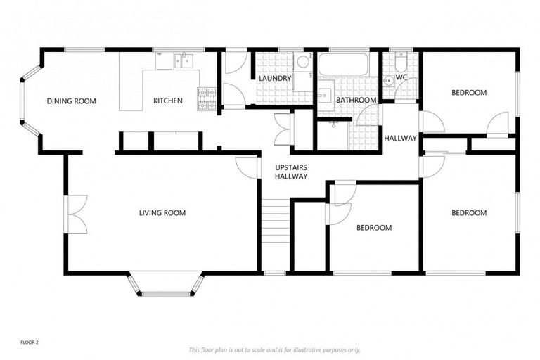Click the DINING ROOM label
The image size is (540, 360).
pos(71,101)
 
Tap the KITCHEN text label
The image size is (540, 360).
pos(168,101)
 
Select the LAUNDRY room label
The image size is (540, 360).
pos(274,78)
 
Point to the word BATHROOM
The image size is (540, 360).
pos(356,101)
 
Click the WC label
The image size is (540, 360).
pos(401,77)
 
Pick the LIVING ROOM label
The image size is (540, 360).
pos(162,213)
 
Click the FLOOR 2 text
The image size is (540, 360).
pos(30,342)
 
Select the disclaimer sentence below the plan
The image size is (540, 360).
pos(274,349)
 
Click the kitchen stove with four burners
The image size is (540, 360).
pos(207,100)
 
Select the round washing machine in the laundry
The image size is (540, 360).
pos(303,63)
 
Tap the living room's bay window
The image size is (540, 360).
pos(166,285)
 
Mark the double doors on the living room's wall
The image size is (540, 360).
pos(75,214)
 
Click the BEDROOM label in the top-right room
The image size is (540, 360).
pos(469,93)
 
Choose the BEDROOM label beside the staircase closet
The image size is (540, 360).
pos(373,228)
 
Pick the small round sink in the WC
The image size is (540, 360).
pos(388,80)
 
